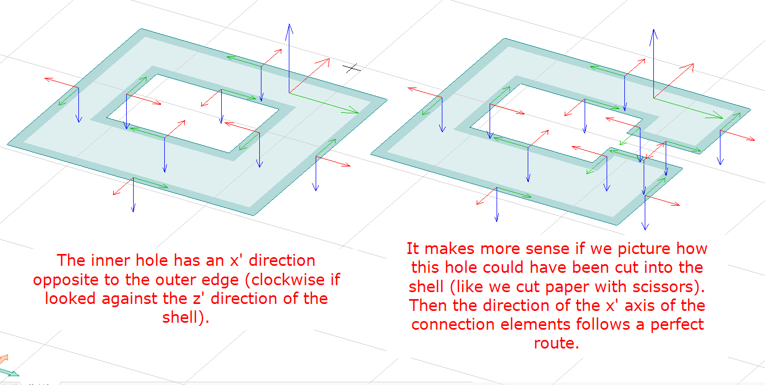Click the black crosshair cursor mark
point(352,68)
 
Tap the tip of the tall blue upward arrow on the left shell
point(289,25)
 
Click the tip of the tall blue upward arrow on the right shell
point(653,31)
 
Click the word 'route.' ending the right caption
point(556,343)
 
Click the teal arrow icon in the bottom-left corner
point(9,372)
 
